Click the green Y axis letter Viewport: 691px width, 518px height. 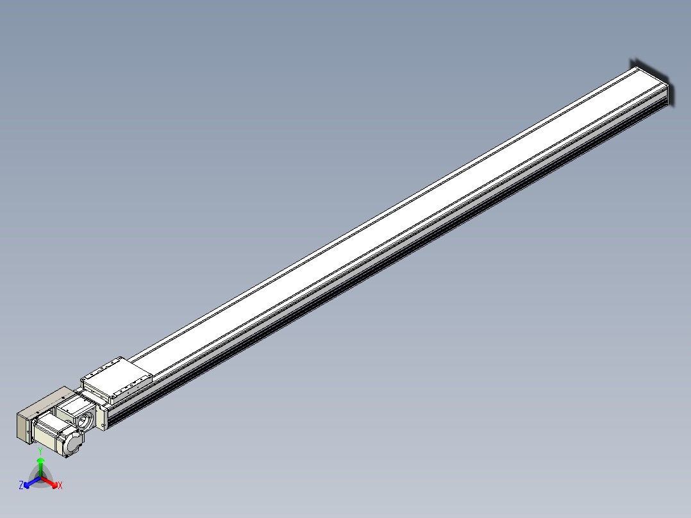40,451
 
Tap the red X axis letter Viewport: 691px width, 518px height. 60,485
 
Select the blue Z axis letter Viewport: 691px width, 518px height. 21,485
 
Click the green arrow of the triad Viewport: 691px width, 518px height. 40,467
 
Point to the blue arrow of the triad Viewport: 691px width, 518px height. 32,482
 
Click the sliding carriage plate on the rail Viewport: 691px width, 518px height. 117,378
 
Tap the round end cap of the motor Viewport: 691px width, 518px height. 73,444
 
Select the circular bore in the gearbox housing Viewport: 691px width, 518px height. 85,421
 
